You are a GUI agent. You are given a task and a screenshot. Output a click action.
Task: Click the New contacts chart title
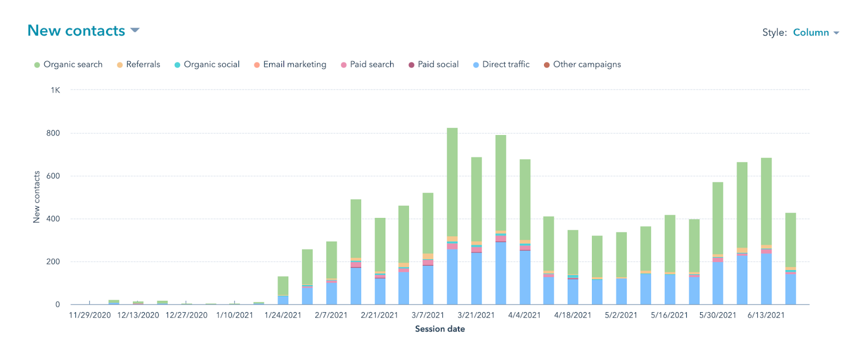pyautogui.click(x=76, y=31)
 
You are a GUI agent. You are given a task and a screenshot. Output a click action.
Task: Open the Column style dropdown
pyautogui.click(x=815, y=32)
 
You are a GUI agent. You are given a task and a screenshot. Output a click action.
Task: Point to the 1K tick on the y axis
pyautogui.click(x=55, y=90)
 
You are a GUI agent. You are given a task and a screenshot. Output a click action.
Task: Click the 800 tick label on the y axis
pyautogui.click(x=53, y=133)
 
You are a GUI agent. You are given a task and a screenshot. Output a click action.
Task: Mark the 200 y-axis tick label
pyautogui.click(x=53, y=262)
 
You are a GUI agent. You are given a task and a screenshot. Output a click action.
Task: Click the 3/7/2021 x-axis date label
pyautogui.click(x=428, y=315)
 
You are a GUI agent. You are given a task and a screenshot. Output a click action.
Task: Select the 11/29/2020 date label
pyautogui.click(x=90, y=315)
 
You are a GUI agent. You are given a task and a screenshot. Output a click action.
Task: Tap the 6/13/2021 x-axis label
pyautogui.click(x=766, y=315)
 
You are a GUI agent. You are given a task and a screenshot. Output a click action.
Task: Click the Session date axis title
pyautogui.click(x=440, y=329)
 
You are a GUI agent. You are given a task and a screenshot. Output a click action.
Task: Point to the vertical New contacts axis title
pyautogui.click(x=37, y=197)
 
